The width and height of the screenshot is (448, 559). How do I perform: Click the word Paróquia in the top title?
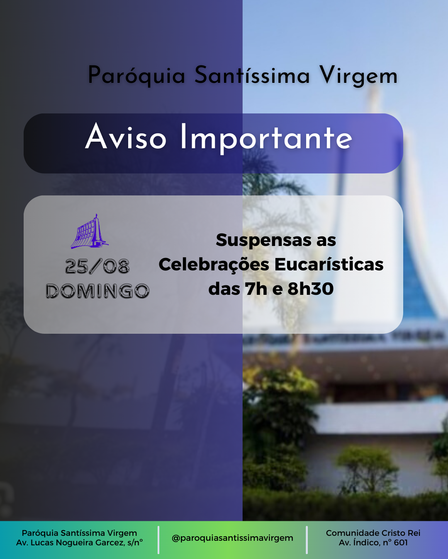[136, 76]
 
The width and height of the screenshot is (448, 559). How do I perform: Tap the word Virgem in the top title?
[358, 76]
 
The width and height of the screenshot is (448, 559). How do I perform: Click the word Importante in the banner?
[266, 139]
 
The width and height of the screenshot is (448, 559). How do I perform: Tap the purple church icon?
[90, 231]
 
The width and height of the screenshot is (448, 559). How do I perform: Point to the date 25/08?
[97, 267]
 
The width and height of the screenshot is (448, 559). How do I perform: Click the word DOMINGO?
[97, 291]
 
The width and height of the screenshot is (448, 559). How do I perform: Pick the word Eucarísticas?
[329, 264]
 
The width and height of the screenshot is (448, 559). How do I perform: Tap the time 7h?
[256, 289]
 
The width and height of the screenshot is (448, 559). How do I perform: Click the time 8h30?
[310, 289]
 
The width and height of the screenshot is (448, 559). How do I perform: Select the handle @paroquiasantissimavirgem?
[232, 538]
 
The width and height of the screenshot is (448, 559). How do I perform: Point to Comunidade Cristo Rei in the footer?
[373, 533]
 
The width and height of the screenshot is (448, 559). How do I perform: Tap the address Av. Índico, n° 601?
[373, 542]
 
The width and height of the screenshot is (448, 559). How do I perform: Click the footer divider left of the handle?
[158, 540]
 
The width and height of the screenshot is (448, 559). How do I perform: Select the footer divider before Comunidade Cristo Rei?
[307, 540]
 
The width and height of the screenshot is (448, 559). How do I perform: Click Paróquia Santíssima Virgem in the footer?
[79, 533]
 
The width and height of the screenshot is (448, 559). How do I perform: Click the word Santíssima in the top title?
[252, 75]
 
